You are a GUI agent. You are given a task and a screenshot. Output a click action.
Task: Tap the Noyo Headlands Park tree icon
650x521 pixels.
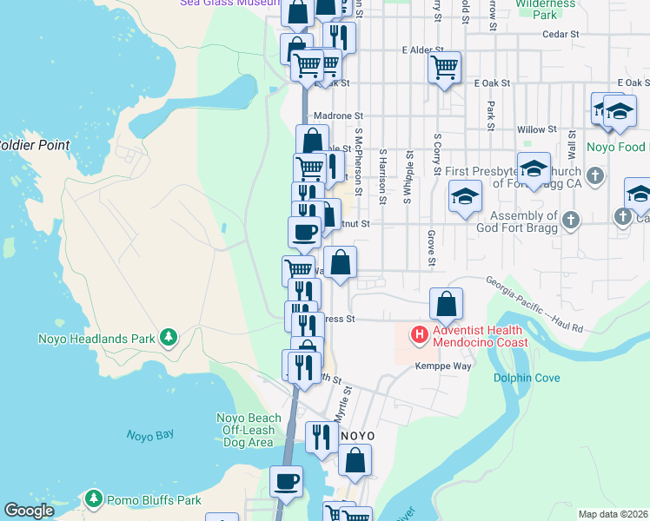169,337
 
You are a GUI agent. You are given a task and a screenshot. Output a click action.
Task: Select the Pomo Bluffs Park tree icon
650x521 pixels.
94,498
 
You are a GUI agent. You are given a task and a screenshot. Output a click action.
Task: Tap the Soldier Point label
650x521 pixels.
33,145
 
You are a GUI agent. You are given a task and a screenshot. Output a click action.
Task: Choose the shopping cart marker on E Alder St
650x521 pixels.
444,66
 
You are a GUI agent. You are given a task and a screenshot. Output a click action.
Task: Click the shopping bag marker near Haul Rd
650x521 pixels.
446,304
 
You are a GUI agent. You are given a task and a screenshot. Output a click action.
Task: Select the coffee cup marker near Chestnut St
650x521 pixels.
304,232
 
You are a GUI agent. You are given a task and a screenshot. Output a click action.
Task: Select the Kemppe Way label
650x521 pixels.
442,366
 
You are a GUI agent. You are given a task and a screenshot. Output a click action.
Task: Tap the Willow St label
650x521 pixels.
536,129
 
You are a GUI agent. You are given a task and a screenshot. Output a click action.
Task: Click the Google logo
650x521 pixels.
29,511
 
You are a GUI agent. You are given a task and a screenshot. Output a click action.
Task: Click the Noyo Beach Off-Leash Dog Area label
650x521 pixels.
249,430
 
